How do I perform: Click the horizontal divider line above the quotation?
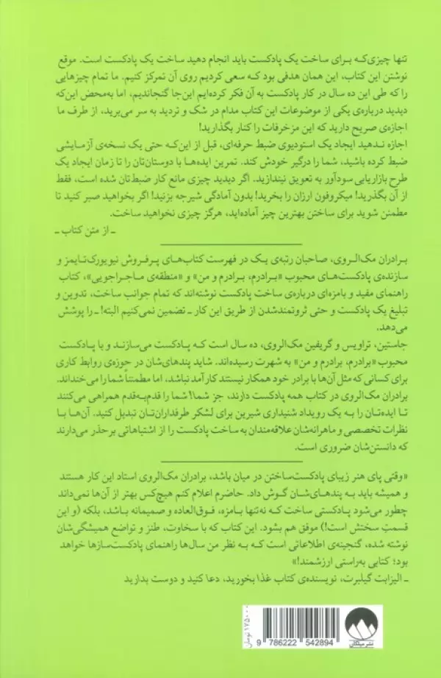click(221, 454)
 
